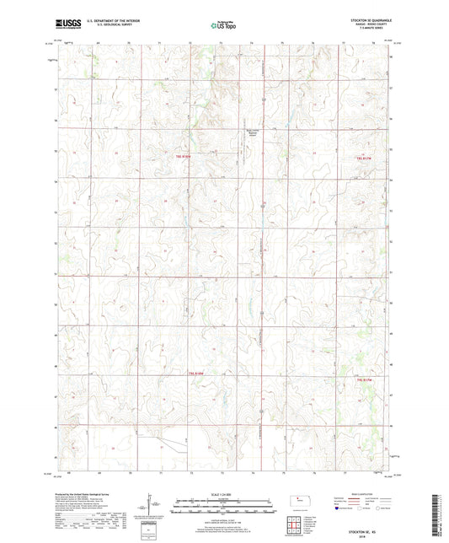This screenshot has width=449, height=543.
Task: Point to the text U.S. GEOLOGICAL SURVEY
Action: click(x=106, y=28)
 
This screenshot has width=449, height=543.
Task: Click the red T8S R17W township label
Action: click(x=364, y=158)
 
